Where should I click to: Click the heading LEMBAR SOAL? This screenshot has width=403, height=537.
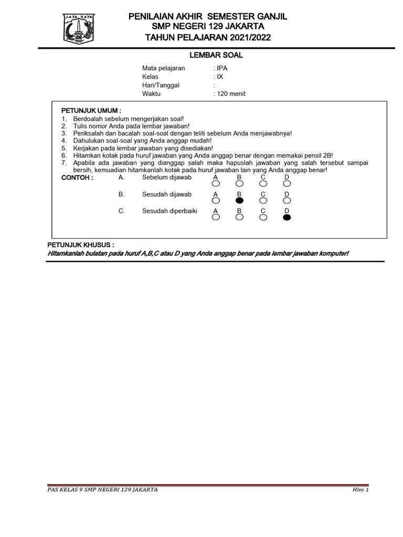coord(208,55)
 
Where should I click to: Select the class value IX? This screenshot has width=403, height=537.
coord(220,77)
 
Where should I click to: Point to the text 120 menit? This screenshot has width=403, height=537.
coord(231,94)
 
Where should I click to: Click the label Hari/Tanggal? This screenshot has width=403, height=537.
coord(160,85)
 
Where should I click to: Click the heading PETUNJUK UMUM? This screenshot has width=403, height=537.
coord(91,111)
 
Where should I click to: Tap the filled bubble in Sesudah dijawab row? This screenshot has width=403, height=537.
coord(239,200)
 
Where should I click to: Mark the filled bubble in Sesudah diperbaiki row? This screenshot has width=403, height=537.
coord(287,217)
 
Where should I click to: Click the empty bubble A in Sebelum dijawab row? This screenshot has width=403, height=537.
coord(215,184)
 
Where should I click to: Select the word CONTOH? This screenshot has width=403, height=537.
coord(77,178)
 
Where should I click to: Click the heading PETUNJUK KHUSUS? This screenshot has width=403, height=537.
coord(81,245)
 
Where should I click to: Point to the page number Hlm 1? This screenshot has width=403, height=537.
coord(360,490)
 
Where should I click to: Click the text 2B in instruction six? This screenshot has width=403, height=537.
coord(327,155)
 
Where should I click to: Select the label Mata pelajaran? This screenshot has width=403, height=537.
coord(163,68)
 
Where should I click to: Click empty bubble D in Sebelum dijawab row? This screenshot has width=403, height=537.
coord(287,184)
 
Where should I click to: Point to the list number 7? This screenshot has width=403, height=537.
coord(63,163)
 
